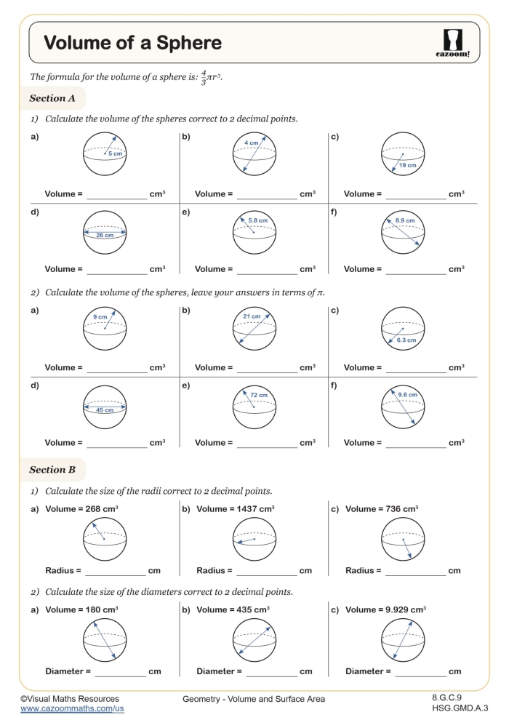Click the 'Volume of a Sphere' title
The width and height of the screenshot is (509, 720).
133,43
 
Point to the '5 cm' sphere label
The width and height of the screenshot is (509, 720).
113,153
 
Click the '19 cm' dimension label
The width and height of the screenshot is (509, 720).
407,166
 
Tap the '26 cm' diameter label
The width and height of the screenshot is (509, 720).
105,236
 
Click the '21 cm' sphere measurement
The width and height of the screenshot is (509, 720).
252,316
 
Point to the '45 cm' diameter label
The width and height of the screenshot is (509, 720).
105,410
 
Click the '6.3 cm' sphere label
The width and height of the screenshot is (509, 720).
406,340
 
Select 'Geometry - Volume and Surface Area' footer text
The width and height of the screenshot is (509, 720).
254,699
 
